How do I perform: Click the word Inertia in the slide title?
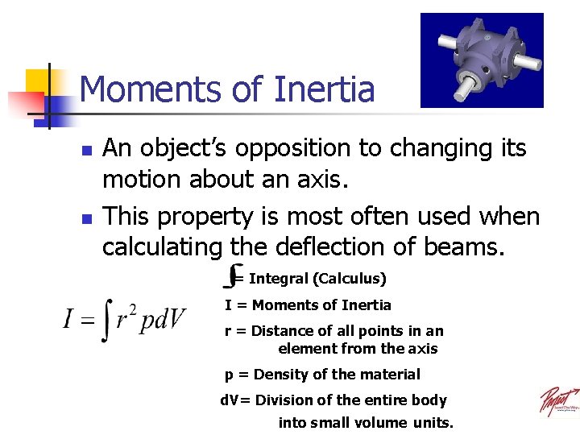[325, 89]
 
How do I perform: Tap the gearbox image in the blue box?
[482, 60]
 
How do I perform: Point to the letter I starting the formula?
[69, 321]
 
